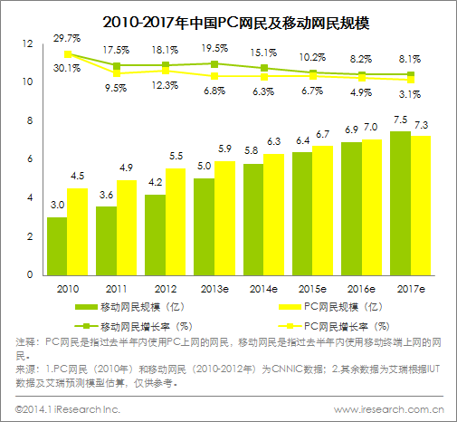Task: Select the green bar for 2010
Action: point(57,245)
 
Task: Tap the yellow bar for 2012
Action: point(176,221)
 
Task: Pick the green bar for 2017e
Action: point(399,203)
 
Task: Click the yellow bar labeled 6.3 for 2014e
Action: point(273,214)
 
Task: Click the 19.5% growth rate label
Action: point(214,47)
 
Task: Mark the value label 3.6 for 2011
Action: point(106,196)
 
